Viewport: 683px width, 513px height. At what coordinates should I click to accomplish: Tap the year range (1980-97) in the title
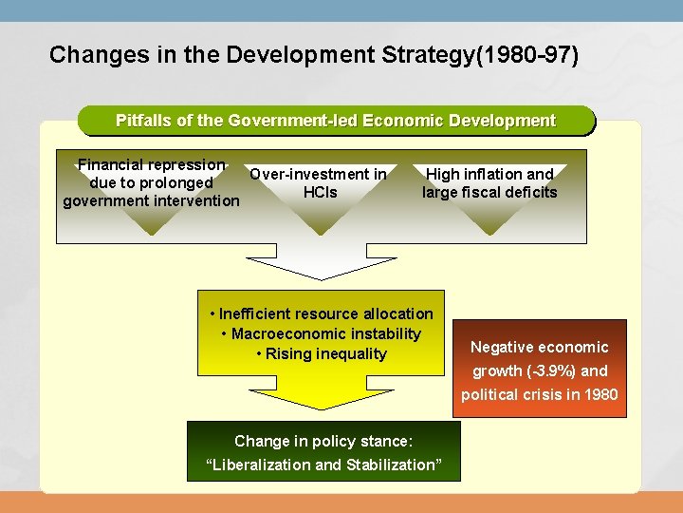531,54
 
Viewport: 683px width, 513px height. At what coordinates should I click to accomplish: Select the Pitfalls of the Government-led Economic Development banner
335,121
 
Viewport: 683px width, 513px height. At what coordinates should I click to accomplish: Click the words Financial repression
152,164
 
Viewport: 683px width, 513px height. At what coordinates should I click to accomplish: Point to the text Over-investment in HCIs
319,183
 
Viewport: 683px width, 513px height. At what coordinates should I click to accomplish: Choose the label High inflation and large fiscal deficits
489,183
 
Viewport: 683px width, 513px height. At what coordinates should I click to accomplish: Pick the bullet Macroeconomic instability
325,333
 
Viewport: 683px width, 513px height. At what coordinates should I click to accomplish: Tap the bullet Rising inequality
325,353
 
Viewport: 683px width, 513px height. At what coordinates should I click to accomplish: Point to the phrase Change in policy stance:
323,441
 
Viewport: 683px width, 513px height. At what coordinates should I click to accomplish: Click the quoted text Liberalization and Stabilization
323,465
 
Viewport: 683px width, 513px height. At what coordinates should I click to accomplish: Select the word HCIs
320,193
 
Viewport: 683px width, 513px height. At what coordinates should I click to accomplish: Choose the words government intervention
152,200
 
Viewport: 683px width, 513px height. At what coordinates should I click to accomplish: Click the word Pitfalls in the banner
144,121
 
